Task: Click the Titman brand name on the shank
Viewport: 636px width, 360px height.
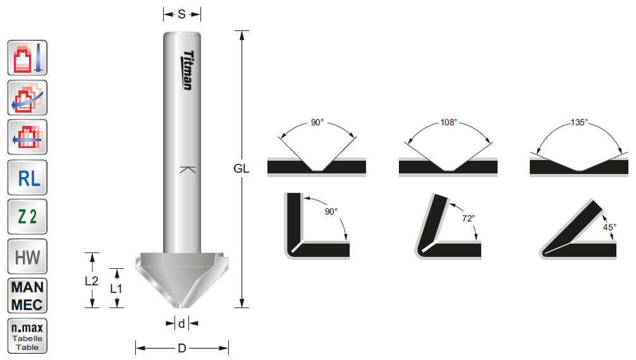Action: pos(187,70)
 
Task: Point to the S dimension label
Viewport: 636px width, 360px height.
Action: pos(181,14)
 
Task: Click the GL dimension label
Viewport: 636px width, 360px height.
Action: pos(241,169)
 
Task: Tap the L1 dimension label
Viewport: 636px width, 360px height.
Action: pos(117,289)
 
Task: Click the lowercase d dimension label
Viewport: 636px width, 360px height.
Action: pos(181,324)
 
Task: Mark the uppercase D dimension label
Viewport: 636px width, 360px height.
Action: pos(181,348)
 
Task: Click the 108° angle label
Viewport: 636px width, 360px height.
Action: pos(448,123)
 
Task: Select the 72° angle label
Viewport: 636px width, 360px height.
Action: pos(468,218)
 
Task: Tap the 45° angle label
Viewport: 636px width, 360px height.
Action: pos(609,226)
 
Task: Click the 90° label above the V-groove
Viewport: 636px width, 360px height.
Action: pos(317,123)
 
